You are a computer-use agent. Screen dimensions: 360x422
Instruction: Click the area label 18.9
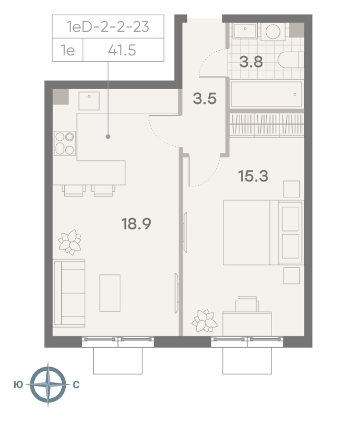(x=137, y=224)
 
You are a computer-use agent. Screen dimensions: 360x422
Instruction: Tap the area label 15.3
(x=253, y=176)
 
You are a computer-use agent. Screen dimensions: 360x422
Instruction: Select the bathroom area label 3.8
(x=251, y=62)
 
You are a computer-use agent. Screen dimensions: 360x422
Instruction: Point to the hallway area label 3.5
(x=205, y=99)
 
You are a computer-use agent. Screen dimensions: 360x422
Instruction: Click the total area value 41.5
(x=122, y=50)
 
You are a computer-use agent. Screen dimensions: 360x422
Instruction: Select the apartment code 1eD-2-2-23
(x=108, y=27)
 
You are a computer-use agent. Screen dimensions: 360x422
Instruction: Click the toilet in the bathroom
(x=290, y=60)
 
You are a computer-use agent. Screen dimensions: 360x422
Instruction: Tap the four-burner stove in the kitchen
(x=65, y=143)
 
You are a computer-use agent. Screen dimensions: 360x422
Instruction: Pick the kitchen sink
(x=89, y=101)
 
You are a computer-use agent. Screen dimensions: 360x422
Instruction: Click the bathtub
(x=267, y=94)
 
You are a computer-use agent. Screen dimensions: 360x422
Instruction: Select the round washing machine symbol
(x=273, y=32)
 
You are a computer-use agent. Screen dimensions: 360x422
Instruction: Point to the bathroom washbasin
(x=245, y=31)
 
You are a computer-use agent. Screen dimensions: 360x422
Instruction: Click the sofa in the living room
(x=70, y=293)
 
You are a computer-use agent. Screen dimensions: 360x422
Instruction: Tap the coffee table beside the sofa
(x=110, y=293)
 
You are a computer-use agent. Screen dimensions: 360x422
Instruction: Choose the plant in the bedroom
(x=205, y=321)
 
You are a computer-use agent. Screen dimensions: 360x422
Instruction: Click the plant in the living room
(x=70, y=242)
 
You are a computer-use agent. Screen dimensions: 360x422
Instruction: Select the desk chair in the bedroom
(x=247, y=304)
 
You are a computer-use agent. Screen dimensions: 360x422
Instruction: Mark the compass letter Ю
(x=18, y=385)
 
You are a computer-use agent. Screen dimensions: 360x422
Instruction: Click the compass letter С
(x=76, y=385)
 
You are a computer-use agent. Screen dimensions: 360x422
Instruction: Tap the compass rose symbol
(x=48, y=385)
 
